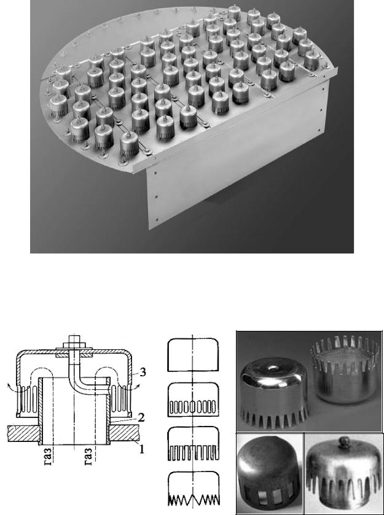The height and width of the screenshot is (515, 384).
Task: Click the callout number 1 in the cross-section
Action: [141, 448]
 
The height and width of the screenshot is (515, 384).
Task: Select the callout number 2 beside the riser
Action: [141, 418]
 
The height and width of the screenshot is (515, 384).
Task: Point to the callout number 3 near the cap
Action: [143, 373]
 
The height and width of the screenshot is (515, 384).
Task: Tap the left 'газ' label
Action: [47, 457]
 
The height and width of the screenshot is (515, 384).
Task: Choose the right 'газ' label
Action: [88, 457]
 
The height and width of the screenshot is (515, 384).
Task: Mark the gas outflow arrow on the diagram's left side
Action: [15, 389]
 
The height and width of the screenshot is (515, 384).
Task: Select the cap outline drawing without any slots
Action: [193, 355]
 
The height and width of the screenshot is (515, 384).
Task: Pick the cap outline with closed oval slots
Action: [193, 400]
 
